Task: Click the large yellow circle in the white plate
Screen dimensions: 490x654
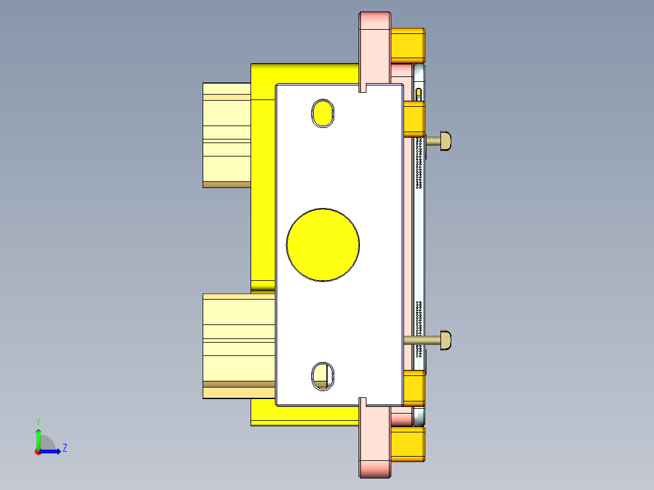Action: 323,244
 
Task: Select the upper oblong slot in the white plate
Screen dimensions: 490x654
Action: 323,113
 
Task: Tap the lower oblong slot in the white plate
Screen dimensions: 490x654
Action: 323,375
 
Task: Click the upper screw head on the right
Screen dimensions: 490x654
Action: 445,141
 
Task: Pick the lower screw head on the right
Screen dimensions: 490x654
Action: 445,340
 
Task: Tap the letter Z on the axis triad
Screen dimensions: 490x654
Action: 64,448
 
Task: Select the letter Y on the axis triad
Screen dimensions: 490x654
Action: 38,421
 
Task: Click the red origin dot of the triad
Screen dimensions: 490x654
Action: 38,451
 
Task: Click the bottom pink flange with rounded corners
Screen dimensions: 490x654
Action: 376,443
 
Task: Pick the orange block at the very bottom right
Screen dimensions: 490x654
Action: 408,444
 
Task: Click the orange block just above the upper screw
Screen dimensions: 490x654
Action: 414,119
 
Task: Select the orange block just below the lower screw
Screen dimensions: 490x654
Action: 414,388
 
